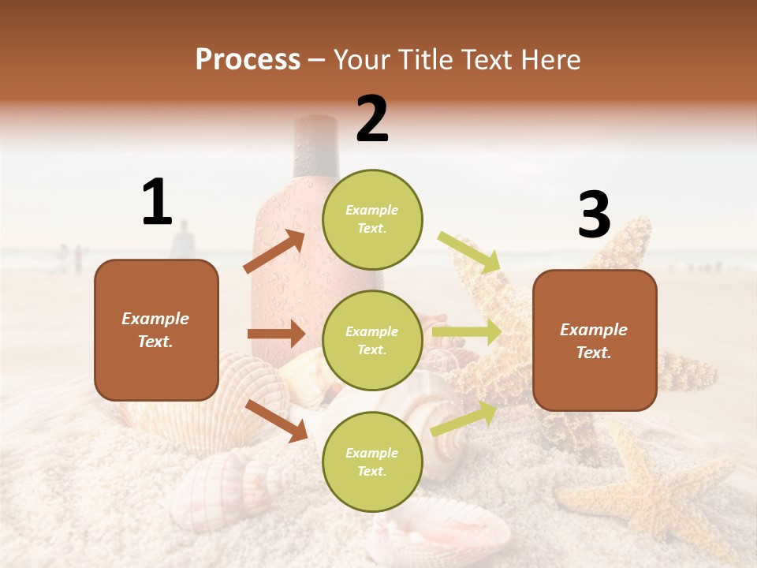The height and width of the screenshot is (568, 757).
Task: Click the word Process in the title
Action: point(248,60)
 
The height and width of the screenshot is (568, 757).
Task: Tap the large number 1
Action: point(157,202)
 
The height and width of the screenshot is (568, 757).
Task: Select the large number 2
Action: point(372,119)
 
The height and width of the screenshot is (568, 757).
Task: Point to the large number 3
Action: point(594,215)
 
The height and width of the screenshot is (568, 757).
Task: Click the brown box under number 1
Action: point(156,330)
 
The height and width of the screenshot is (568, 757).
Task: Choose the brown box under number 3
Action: point(595,341)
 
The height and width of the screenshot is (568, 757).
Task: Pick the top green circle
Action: point(372,219)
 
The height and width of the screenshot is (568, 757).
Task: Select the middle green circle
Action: point(372,340)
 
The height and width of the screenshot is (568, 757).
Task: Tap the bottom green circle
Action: point(372,461)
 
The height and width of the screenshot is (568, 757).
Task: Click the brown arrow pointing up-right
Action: point(274,252)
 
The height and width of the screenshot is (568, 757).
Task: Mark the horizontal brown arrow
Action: point(276,334)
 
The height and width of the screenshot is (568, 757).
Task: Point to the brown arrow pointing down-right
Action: point(276,420)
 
